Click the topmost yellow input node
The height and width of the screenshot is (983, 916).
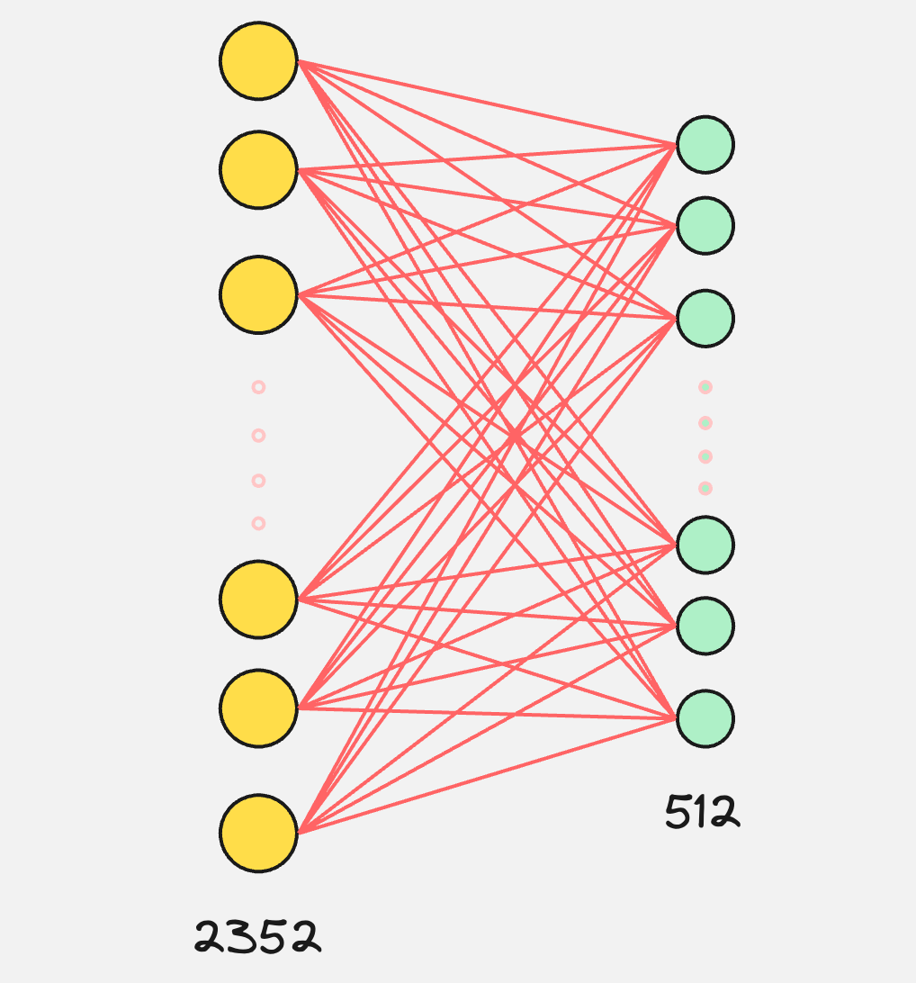(258, 61)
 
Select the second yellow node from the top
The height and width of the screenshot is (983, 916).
(258, 169)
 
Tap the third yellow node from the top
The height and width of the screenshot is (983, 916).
(258, 295)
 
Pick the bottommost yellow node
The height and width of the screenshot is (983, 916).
(258, 833)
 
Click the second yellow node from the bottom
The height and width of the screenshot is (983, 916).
(258, 708)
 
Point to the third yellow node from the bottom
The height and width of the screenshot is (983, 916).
(258, 599)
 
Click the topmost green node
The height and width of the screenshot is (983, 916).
(705, 145)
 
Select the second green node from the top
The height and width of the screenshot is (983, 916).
(705, 225)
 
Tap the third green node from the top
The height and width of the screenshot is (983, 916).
(705, 319)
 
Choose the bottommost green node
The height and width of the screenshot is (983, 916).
(705, 718)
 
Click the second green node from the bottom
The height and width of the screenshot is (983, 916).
(705, 626)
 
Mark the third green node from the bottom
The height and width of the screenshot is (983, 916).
(705, 545)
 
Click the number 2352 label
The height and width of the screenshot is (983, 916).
(257, 937)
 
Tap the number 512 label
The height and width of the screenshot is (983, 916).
(702, 812)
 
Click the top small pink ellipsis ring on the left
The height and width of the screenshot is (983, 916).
(258, 387)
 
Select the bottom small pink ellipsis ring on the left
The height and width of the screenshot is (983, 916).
(258, 523)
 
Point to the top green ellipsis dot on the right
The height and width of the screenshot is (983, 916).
(705, 387)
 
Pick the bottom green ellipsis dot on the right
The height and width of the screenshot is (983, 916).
(705, 489)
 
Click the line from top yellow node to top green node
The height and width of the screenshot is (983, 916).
(486, 103)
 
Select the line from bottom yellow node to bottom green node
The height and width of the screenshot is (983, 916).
(486, 776)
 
